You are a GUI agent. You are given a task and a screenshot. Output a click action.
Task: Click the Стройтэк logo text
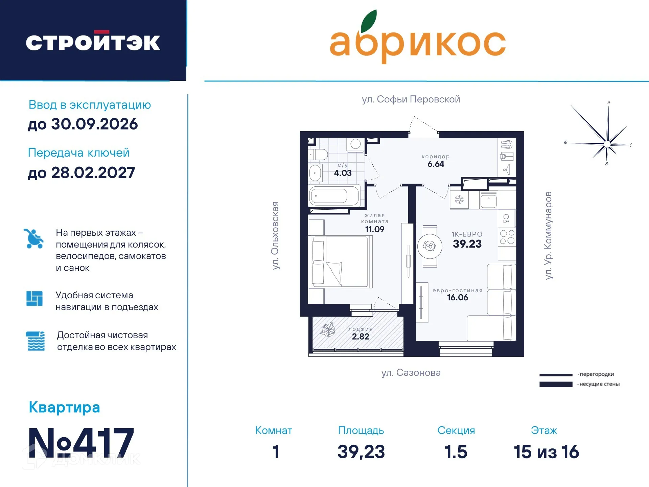pyautogui.click(x=93, y=42)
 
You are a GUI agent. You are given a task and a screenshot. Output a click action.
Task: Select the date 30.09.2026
pyautogui.click(x=94, y=124)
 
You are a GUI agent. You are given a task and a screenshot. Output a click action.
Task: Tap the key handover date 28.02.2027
pyautogui.click(x=93, y=173)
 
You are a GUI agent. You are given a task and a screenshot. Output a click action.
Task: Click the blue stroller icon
pyautogui.click(x=33, y=239)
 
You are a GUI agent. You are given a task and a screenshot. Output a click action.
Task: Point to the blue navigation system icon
pyautogui.click(x=34, y=298)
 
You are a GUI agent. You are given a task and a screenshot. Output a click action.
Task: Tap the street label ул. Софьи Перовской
pyautogui.click(x=411, y=99)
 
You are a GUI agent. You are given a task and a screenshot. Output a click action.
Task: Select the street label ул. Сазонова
pyautogui.click(x=411, y=373)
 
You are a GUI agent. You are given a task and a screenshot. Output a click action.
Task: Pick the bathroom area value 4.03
pyautogui.click(x=343, y=173)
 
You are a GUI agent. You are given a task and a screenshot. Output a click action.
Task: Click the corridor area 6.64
pyautogui.click(x=436, y=164)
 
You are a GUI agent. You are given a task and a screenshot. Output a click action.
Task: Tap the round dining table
pyautogui.click(x=430, y=246)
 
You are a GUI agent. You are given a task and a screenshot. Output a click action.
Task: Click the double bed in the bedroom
pyautogui.click(x=340, y=262)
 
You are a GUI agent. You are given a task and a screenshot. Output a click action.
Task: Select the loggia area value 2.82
pyautogui.click(x=361, y=337)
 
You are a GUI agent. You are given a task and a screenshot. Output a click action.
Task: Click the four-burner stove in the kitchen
pyautogui.click(x=507, y=237)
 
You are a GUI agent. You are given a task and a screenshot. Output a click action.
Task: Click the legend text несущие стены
pyautogui.click(x=599, y=384)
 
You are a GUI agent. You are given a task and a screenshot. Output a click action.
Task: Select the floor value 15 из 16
pyautogui.click(x=546, y=452)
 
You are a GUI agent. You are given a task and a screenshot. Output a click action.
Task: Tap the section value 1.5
pyautogui.click(x=456, y=452)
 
